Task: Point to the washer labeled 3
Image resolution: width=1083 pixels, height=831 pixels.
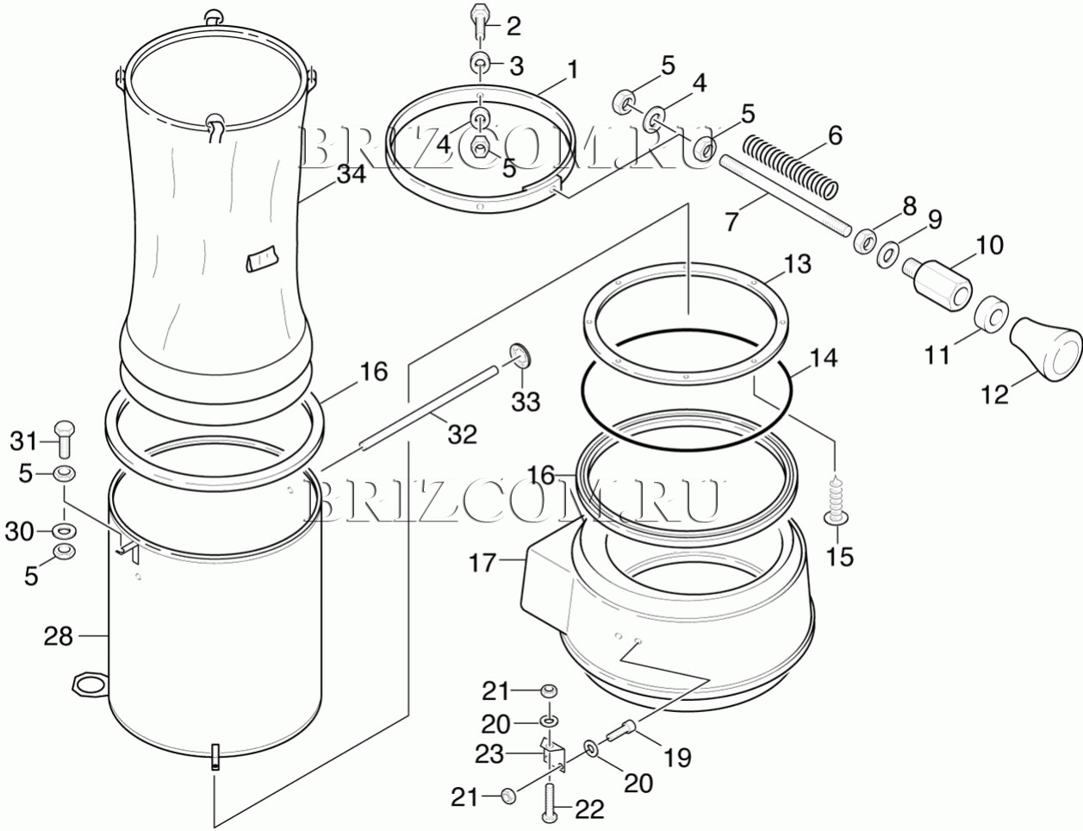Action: [x=480, y=63]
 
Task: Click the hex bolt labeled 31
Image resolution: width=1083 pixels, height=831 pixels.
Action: [x=64, y=439]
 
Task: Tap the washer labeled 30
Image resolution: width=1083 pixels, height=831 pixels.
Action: [x=64, y=530]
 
